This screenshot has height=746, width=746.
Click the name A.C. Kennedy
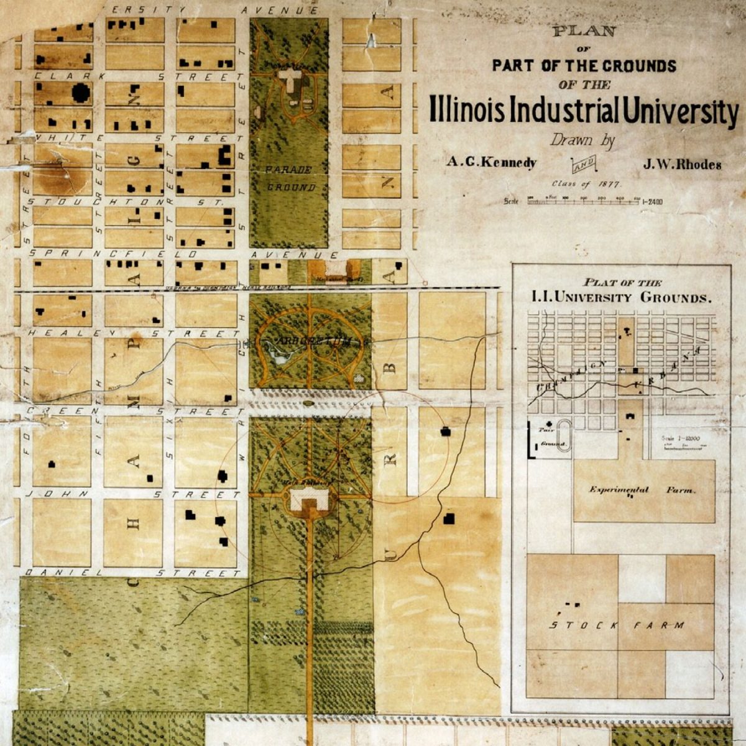[x=491, y=163]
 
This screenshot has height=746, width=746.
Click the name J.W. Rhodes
[x=682, y=165]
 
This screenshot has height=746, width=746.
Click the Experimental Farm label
[x=642, y=490]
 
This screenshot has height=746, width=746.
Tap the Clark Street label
[x=137, y=76]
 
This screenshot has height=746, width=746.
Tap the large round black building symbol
[x=81, y=93]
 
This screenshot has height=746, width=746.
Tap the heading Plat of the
[x=619, y=282]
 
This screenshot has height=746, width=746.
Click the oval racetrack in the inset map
[x=564, y=435]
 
